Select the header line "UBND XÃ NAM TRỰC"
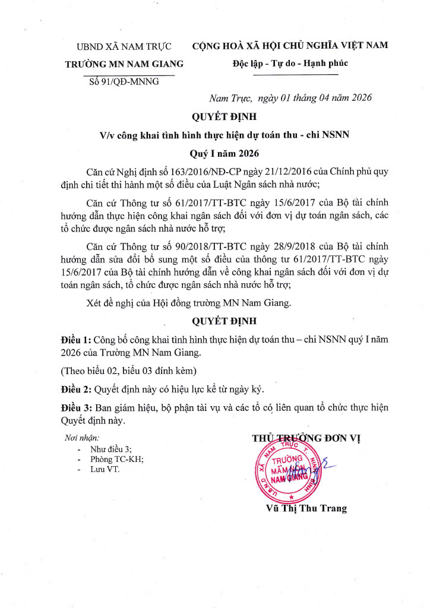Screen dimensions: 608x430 pyautogui.click(x=124, y=46)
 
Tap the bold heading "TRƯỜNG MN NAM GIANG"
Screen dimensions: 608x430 pyautogui.click(x=124, y=64)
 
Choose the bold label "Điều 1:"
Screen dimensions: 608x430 pyautogui.click(x=77, y=339)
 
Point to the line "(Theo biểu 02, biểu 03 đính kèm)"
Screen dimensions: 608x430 pyautogui.click(x=129, y=370)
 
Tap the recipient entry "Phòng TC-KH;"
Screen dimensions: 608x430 pyautogui.click(x=117, y=459)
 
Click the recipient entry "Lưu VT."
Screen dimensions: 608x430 pyautogui.click(x=105, y=470)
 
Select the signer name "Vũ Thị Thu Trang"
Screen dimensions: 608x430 pyautogui.click(x=306, y=508)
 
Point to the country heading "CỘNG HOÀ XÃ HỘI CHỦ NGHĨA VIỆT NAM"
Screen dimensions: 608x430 pyautogui.click(x=290, y=46)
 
